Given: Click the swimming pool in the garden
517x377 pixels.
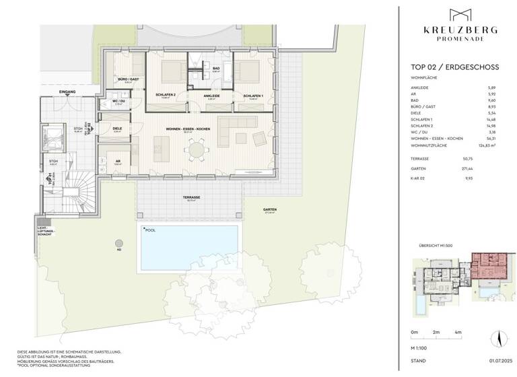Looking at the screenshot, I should (188, 247).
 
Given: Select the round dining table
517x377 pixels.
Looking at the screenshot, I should (196, 149).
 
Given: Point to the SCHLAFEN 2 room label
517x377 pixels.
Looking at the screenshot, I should (165, 95).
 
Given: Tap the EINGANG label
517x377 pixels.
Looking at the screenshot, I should (67, 91).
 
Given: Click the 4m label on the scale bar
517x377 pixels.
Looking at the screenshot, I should (458, 333).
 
